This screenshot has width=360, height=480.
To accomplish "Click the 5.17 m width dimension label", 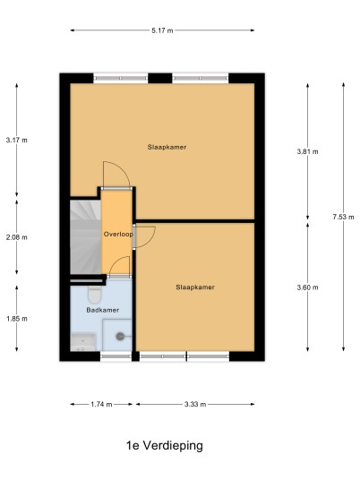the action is [x=162, y=30].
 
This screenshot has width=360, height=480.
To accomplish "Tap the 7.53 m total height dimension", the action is [x=343, y=217].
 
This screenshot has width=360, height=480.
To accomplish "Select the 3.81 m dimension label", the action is [x=308, y=151].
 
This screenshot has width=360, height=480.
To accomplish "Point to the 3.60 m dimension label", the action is [x=308, y=287].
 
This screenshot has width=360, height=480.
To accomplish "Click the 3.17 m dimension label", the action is [x=16, y=141].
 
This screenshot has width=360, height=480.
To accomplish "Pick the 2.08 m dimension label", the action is [x=16, y=237].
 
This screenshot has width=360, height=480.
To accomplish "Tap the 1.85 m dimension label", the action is [x=16, y=319].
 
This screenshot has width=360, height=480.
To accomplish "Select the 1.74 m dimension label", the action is [x=101, y=405].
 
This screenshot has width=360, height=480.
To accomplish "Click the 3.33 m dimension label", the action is [x=195, y=405].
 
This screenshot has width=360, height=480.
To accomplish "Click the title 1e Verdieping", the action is [x=165, y=446].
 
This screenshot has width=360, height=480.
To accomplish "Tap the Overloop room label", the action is [x=118, y=235].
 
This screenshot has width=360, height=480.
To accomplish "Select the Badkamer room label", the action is [x=103, y=310].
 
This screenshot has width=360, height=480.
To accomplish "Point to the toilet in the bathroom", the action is [x=94, y=295].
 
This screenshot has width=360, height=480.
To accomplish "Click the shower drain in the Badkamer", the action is [x=120, y=337].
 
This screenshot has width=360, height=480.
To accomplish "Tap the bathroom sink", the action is [x=83, y=343].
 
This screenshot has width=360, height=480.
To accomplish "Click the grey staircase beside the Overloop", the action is [x=85, y=237].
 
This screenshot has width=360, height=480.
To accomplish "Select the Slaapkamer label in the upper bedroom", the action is [x=167, y=147].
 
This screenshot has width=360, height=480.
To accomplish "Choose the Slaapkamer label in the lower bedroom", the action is [x=195, y=287].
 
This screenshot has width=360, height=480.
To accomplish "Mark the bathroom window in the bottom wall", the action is [x=116, y=356].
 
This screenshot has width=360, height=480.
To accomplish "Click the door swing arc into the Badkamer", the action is [x=116, y=261].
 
